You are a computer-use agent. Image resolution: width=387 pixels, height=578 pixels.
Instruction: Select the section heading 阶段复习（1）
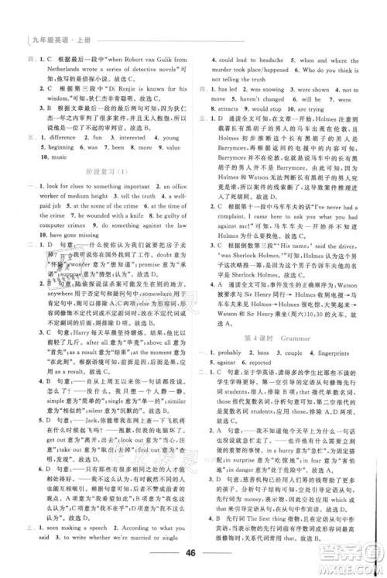click(108, 186)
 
